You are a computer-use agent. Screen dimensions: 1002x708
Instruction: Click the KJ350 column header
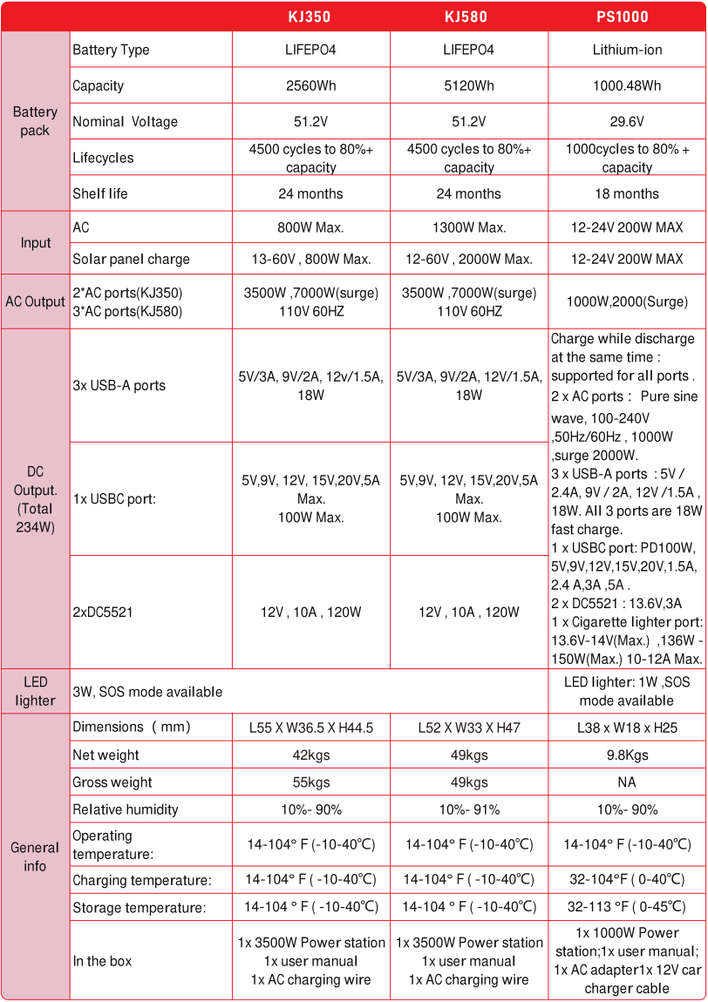click(x=310, y=17)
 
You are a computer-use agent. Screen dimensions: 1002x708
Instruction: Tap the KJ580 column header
click(x=468, y=17)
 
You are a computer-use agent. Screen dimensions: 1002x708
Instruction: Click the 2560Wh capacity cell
click(x=310, y=85)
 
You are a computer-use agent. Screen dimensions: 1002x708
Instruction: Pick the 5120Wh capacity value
click(x=468, y=85)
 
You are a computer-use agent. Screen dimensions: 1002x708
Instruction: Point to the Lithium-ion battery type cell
click(x=627, y=50)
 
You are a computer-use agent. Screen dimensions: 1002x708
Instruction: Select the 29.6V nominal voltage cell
click(x=627, y=122)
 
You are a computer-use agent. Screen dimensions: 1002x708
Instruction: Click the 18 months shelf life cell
click(x=627, y=193)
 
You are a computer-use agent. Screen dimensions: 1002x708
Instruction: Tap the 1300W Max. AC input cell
click(x=468, y=227)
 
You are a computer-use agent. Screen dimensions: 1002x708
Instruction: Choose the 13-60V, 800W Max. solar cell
click(x=310, y=259)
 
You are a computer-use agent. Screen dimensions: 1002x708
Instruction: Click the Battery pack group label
click(x=35, y=121)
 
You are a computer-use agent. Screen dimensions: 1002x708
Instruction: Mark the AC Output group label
click(x=35, y=301)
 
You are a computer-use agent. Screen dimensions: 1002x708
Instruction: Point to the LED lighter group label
click(x=35, y=691)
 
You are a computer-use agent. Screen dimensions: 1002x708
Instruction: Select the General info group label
click(x=35, y=856)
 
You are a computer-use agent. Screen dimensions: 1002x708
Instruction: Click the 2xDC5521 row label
click(x=102, y=613)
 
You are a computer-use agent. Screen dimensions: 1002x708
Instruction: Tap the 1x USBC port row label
click(x=114, y=499)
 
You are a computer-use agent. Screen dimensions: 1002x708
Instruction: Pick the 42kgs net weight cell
click(x=310, y=755)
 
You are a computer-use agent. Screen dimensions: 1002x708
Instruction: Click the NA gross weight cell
click(x=627, y=782)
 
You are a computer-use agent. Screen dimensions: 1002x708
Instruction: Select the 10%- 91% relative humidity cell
click(x=468, y=809)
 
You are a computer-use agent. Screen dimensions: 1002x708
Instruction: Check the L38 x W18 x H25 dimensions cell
click(x=627, y=727)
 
